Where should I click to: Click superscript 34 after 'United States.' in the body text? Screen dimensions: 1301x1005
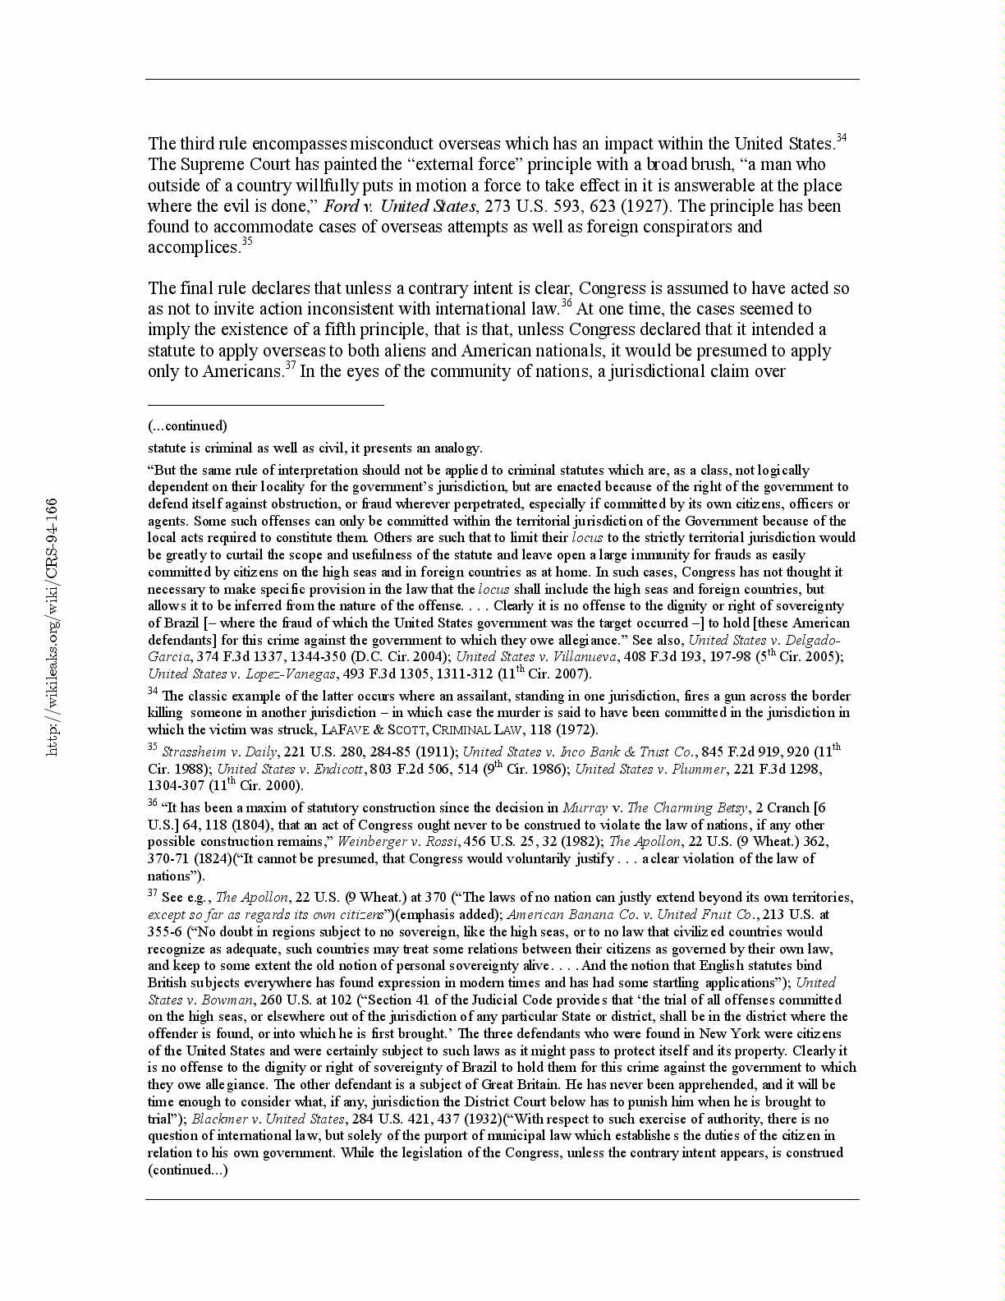841,139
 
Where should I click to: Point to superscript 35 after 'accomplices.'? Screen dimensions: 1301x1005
246,243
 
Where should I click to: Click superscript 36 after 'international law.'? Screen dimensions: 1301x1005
566,305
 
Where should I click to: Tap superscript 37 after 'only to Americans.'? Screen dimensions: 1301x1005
290,367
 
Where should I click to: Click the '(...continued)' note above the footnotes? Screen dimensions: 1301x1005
187,425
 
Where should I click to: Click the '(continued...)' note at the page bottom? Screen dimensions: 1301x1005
187,1170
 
